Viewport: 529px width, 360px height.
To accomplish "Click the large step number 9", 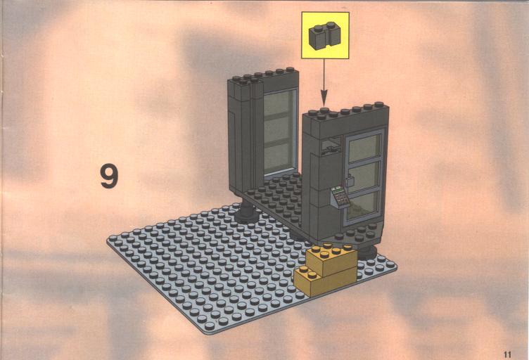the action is tap(109, 176).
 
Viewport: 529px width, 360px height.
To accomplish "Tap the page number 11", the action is tap(507, 354).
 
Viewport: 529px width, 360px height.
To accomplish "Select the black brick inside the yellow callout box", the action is tap(324, 35).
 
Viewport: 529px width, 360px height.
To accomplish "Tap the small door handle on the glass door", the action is tap(350, 181).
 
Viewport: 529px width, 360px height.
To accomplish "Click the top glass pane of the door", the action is tap(364, 147).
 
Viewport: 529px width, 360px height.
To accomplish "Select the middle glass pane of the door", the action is tap(364, 177).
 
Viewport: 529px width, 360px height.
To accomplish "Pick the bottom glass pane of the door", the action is tap(362, 205).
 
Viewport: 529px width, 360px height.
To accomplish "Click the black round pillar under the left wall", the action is tap(247, 212).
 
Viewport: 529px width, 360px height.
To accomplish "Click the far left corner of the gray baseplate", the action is tap(108, 240).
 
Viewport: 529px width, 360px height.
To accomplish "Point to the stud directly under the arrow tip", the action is tap(324, 110).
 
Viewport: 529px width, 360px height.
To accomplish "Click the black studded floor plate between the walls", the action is tap(276, 199).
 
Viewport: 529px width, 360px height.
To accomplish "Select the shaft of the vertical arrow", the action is tap(324, 74).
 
